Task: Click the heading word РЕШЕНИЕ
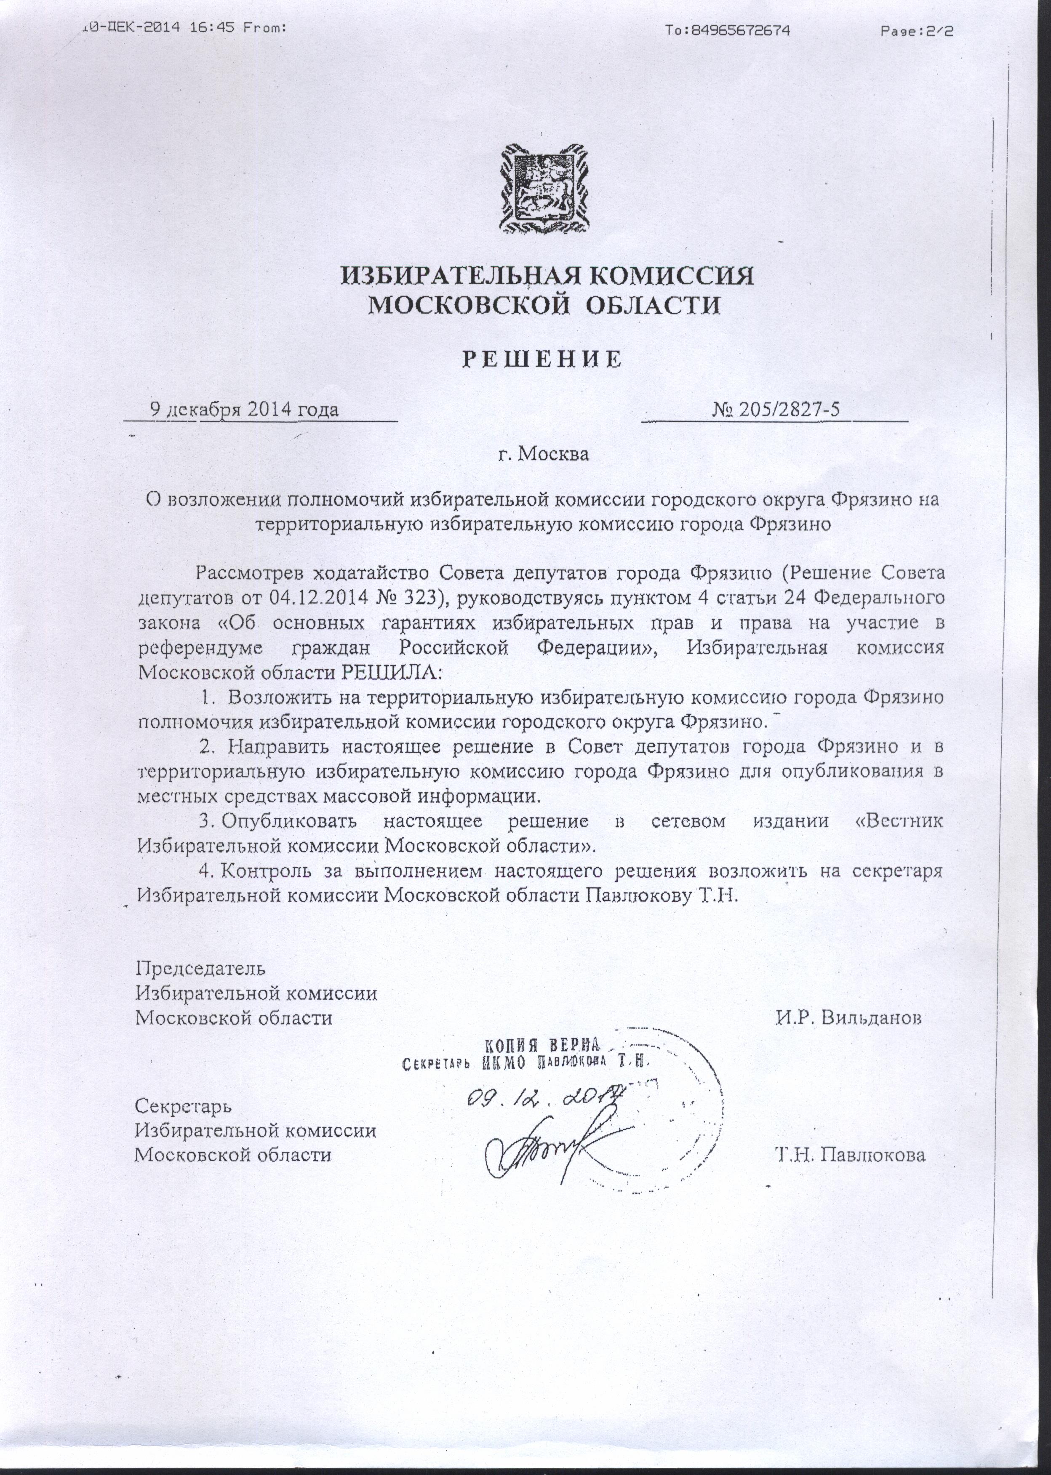pyautogui.click(x=541, y=359)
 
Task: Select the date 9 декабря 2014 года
pyautogui.click(x=244, y=410)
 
